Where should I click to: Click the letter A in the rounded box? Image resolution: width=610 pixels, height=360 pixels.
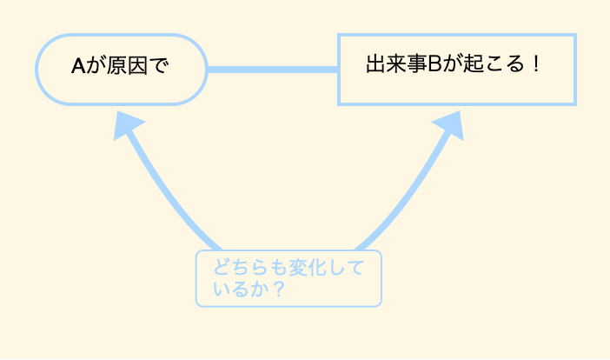pos(78,66)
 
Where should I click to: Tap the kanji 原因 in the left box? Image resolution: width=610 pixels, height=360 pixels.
pos(127,66)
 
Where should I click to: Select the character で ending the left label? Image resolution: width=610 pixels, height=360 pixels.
pos(159,66)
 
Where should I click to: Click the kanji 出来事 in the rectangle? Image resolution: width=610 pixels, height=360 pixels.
pos(396,63)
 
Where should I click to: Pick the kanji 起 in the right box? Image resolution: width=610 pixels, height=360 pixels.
pos(473,63)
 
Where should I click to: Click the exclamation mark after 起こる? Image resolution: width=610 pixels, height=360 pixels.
pos(536,63)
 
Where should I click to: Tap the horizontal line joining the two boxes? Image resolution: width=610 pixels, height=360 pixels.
pos(272,70)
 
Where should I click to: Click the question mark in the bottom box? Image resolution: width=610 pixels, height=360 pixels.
pos(279,289)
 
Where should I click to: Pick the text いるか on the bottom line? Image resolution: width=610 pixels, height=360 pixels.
pos(242,289)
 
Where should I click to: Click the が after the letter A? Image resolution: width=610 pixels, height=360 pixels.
pos(96,66)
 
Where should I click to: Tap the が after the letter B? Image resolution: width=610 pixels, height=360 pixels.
pos(452,63)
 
